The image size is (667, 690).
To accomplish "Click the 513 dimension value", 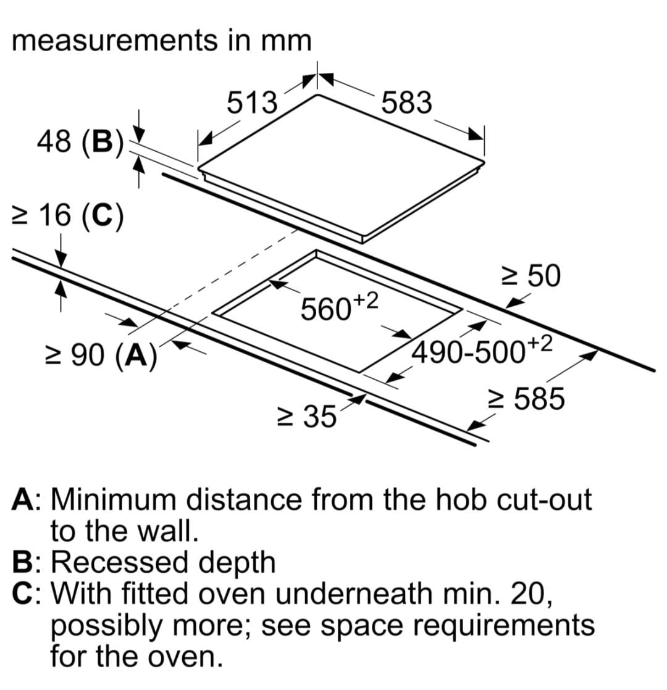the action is coord(252,102).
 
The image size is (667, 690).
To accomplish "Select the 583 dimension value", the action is coord(406,102).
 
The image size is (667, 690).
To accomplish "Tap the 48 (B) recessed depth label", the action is coord(80,142).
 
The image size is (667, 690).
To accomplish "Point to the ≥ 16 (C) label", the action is coord(68,215).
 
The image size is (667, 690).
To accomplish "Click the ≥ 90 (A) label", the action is coord(101,355).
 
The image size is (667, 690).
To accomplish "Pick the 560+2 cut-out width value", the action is coord(339,306).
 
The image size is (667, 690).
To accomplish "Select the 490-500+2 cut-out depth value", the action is coord(481,350).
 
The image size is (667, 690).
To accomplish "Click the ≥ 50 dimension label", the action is coord(531,276).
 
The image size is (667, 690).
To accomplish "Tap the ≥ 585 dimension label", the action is coord(527,399).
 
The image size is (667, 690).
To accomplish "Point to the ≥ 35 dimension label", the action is coord(307,416).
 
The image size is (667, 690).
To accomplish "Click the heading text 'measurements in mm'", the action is coord(162,41).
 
